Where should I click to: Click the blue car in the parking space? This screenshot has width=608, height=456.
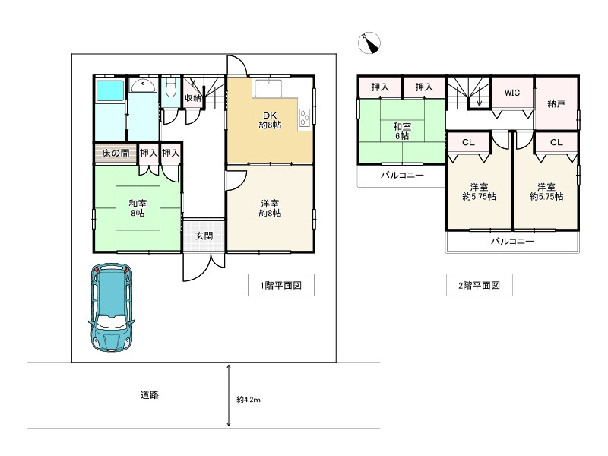click(111, 308)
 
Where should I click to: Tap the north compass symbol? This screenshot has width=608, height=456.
click(369, 43)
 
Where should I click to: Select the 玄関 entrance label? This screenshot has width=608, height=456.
click(204, 236)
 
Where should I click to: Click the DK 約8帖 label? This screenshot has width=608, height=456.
click(270, 120)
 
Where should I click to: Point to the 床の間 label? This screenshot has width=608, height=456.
click(116, 154)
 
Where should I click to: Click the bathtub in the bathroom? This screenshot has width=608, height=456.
click(110, 90)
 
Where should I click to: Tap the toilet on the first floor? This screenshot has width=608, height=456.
click(170, 88)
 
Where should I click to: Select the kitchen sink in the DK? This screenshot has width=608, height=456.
click(268, 89)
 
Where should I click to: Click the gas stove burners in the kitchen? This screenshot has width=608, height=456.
click(305, 117)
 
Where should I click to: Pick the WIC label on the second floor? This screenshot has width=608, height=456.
click(511, 93)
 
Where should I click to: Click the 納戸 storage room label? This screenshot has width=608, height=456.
click(556, 103)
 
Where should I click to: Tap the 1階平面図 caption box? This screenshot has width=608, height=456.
click(281, 285)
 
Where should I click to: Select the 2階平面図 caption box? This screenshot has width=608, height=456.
click(480, 285)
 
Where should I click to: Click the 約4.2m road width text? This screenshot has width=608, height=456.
click(249, 400)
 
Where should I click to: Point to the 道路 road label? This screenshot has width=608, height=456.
click(149, 395)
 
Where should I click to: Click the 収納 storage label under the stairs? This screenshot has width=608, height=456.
click(193, 98)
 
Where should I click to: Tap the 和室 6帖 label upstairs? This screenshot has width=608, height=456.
click(402, 131)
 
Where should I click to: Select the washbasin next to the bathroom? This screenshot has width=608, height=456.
click(144, 85)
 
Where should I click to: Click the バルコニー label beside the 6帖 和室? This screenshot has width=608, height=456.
click(402, 176)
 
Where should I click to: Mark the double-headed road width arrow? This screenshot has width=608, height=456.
click(229, 395)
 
